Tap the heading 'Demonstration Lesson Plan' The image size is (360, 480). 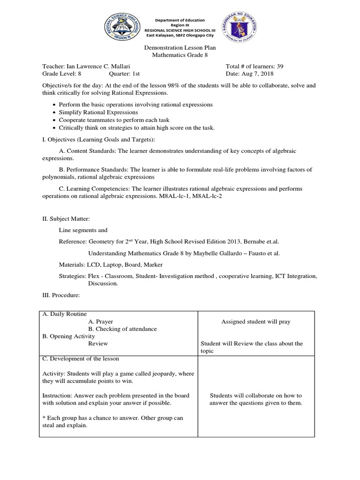coord(180,48)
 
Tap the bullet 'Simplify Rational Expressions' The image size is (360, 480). coord(98,112)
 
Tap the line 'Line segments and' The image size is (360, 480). coord(83,230)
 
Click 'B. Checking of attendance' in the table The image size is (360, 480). coord(122,329)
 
